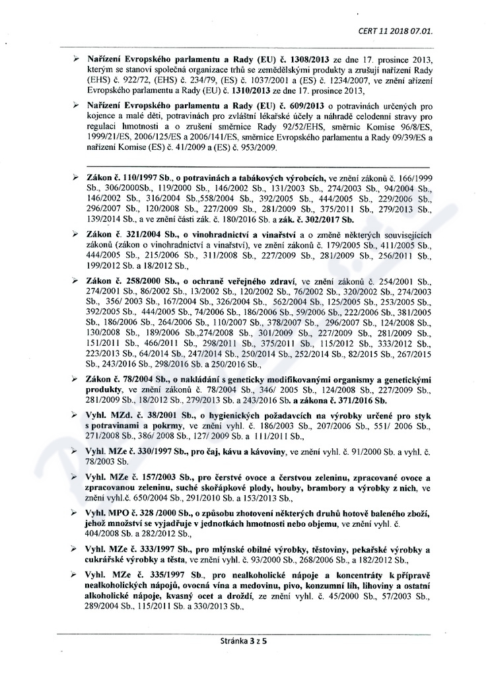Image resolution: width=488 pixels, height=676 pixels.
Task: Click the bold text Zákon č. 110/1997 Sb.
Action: tap(125, 179)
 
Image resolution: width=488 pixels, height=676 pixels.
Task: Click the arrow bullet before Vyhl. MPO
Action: tap(76, 513)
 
